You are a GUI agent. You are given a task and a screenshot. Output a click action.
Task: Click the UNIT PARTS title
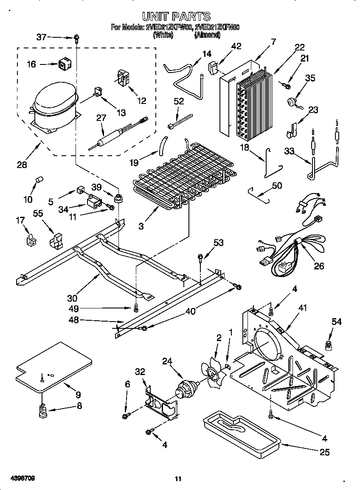click(x=176, y=17)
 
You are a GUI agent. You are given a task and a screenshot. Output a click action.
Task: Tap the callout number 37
click(x=41, y=37)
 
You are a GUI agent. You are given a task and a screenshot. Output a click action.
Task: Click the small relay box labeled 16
click(x=64, y=64)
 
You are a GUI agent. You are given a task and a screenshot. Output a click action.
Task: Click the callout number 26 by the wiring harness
click(x=319, y=266)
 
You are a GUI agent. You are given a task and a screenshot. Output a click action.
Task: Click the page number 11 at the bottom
click(x=178, y=479)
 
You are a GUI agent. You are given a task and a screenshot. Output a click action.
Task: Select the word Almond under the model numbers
click(x=208, y=36)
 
